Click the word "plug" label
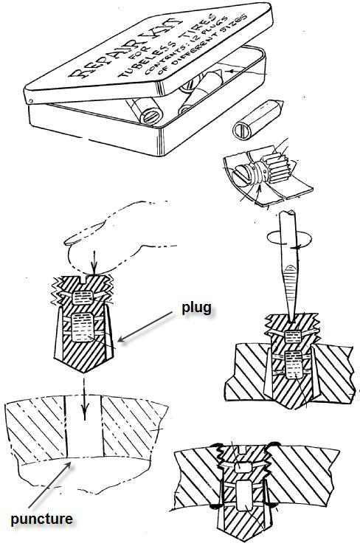coord(196,309)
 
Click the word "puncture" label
coord(42,519)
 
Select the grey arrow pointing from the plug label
coord(145,327)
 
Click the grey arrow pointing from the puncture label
coord(51,485)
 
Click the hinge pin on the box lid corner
coord(32,101)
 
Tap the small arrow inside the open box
coord(243,72)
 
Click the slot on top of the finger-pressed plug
coord(85,278)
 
